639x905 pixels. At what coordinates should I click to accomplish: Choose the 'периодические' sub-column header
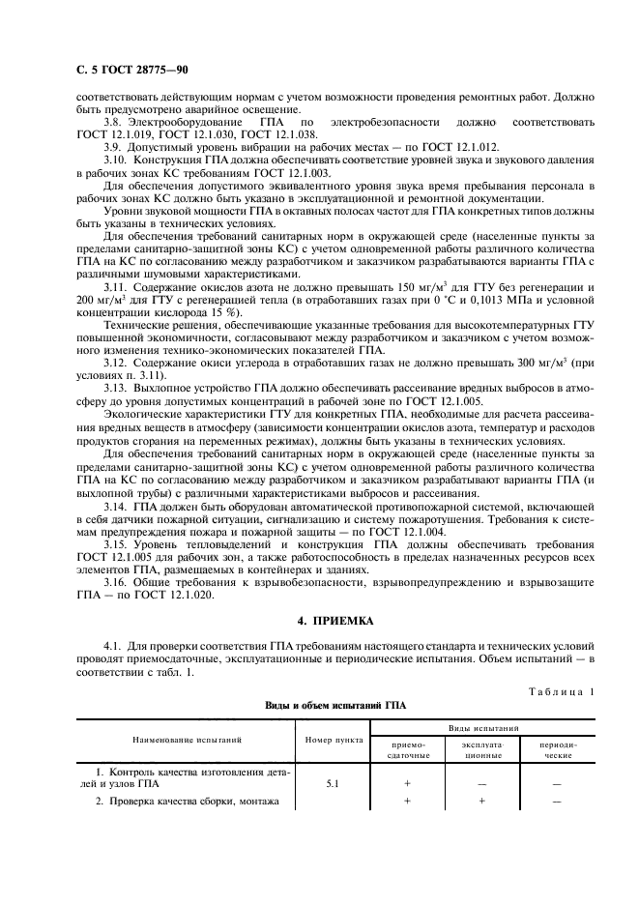(x=556, y=750)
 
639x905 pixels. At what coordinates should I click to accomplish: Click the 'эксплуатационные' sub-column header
(x=479, y=750)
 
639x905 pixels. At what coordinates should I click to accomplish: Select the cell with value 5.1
(x=332, y=784)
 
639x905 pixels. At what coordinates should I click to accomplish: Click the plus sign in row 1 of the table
(x=404, y=784)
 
